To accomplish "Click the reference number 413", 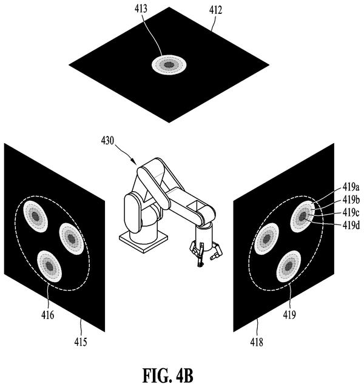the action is pos(141,8).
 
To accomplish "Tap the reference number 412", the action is pos(216,10).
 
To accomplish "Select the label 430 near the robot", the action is pos(107,141).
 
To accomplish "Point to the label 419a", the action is pos(351,187).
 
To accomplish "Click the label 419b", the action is pos(351,200).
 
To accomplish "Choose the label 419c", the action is pos(351,212).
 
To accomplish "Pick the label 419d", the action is pos(351,225).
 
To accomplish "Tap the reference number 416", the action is pos(48,315).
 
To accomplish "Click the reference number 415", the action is pos(81,342).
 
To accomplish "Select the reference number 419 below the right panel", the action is pos(289,315).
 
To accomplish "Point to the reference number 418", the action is pos(257,342).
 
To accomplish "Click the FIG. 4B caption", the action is pos(168,375).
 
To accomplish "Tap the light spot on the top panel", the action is pos(169,65).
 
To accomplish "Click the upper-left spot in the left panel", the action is pos(36,216).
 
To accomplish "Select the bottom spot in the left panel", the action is pos(49,266).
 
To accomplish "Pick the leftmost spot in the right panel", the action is pos(266,238).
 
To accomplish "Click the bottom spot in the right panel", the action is pos(289,266).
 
